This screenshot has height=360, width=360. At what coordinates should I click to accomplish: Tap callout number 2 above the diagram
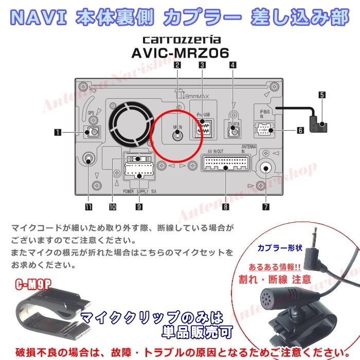point(177,65)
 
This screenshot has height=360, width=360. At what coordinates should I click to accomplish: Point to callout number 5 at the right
point(322,95)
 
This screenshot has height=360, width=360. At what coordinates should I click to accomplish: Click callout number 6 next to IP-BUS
point(299,130)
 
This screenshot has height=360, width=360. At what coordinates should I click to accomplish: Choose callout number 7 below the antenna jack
point(266,207)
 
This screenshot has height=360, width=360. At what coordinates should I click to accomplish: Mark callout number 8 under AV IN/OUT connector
point(225,207)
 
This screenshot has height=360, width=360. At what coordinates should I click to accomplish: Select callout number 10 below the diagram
point(112,207)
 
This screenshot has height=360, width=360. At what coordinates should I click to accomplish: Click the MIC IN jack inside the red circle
point(177,135)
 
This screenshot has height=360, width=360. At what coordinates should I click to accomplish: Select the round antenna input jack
point(266,168)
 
